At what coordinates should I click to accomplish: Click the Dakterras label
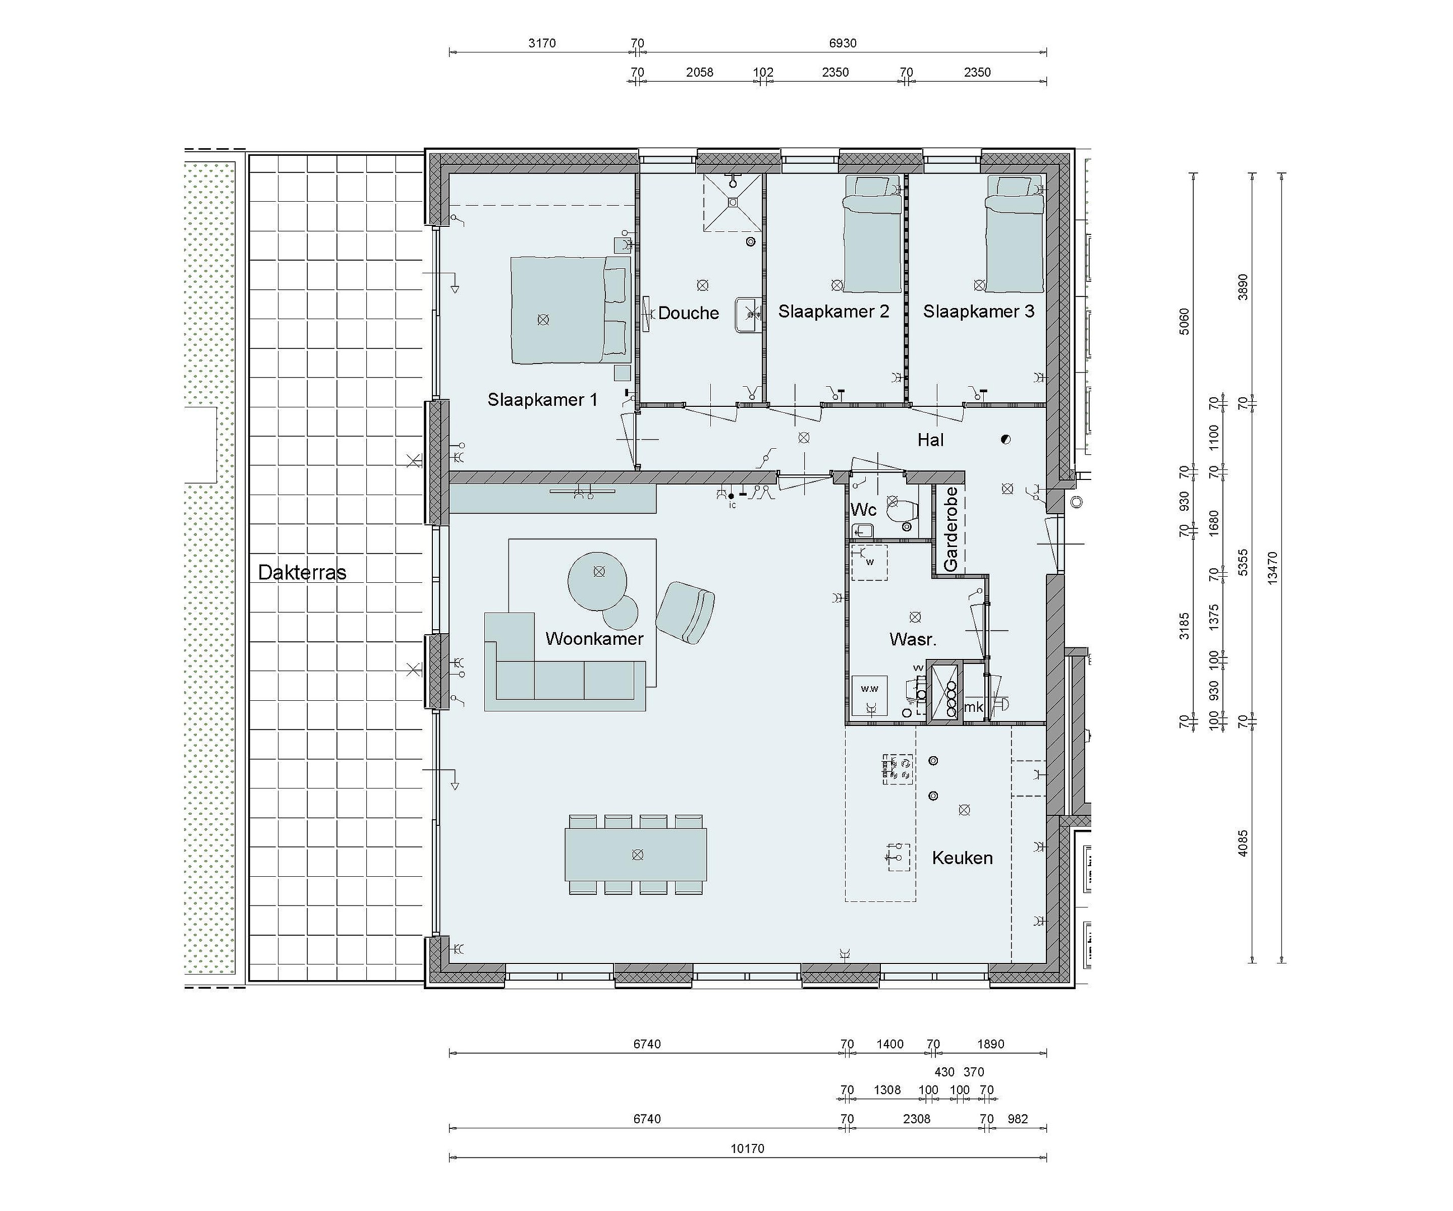coord(302,573)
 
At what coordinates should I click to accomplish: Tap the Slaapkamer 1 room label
coord(542,400)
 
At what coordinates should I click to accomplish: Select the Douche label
coord(689,313)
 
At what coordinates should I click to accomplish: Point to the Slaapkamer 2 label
coord(834,312)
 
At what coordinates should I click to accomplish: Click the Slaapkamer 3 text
coord(978,312)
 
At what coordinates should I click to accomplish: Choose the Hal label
coord(931,440)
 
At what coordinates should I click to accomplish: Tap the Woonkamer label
coord(594,638)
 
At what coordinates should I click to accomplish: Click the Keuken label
coord(963,858)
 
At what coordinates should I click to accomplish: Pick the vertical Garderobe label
coord(952,529)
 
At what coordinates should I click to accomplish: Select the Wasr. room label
coord(913,640)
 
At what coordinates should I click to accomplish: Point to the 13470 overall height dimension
coord(1272,568)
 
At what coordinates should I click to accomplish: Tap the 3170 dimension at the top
coord(542,43)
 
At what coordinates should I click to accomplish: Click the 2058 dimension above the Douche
coord(700,72)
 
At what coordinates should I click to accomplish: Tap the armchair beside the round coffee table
coord(685,613)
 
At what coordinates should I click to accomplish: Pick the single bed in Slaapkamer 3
coord(1015,234)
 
